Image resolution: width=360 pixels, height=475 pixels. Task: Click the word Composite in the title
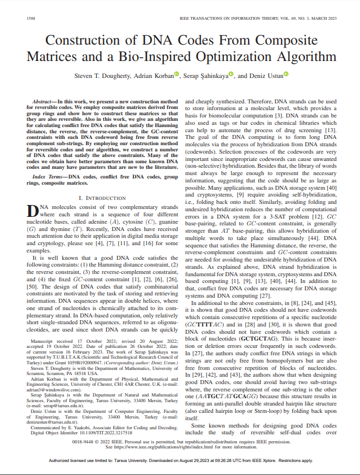pyautogui.click(x=289, y=41)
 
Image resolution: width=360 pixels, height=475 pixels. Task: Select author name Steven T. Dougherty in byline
pyautogui.click(x=101, y=75)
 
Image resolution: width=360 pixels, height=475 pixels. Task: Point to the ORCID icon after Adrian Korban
pyautogui.click(x=176, y=74)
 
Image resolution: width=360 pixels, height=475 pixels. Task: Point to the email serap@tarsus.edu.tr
pyautogui.click(x=58, y=405)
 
